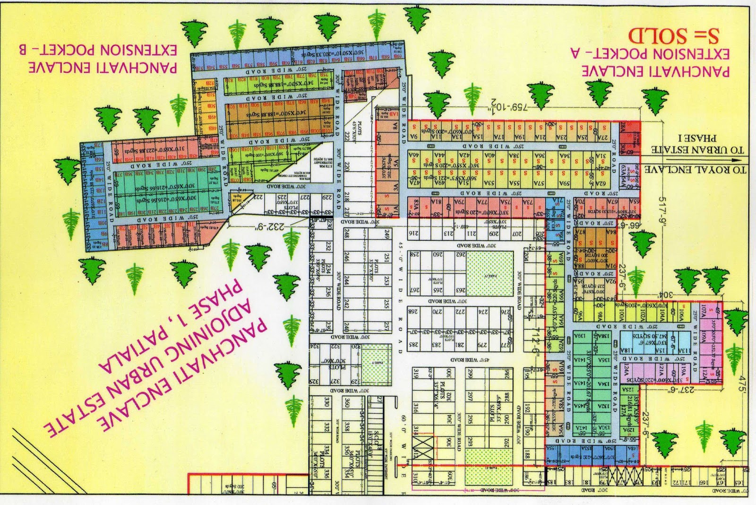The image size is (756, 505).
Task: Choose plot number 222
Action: [349, 136]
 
